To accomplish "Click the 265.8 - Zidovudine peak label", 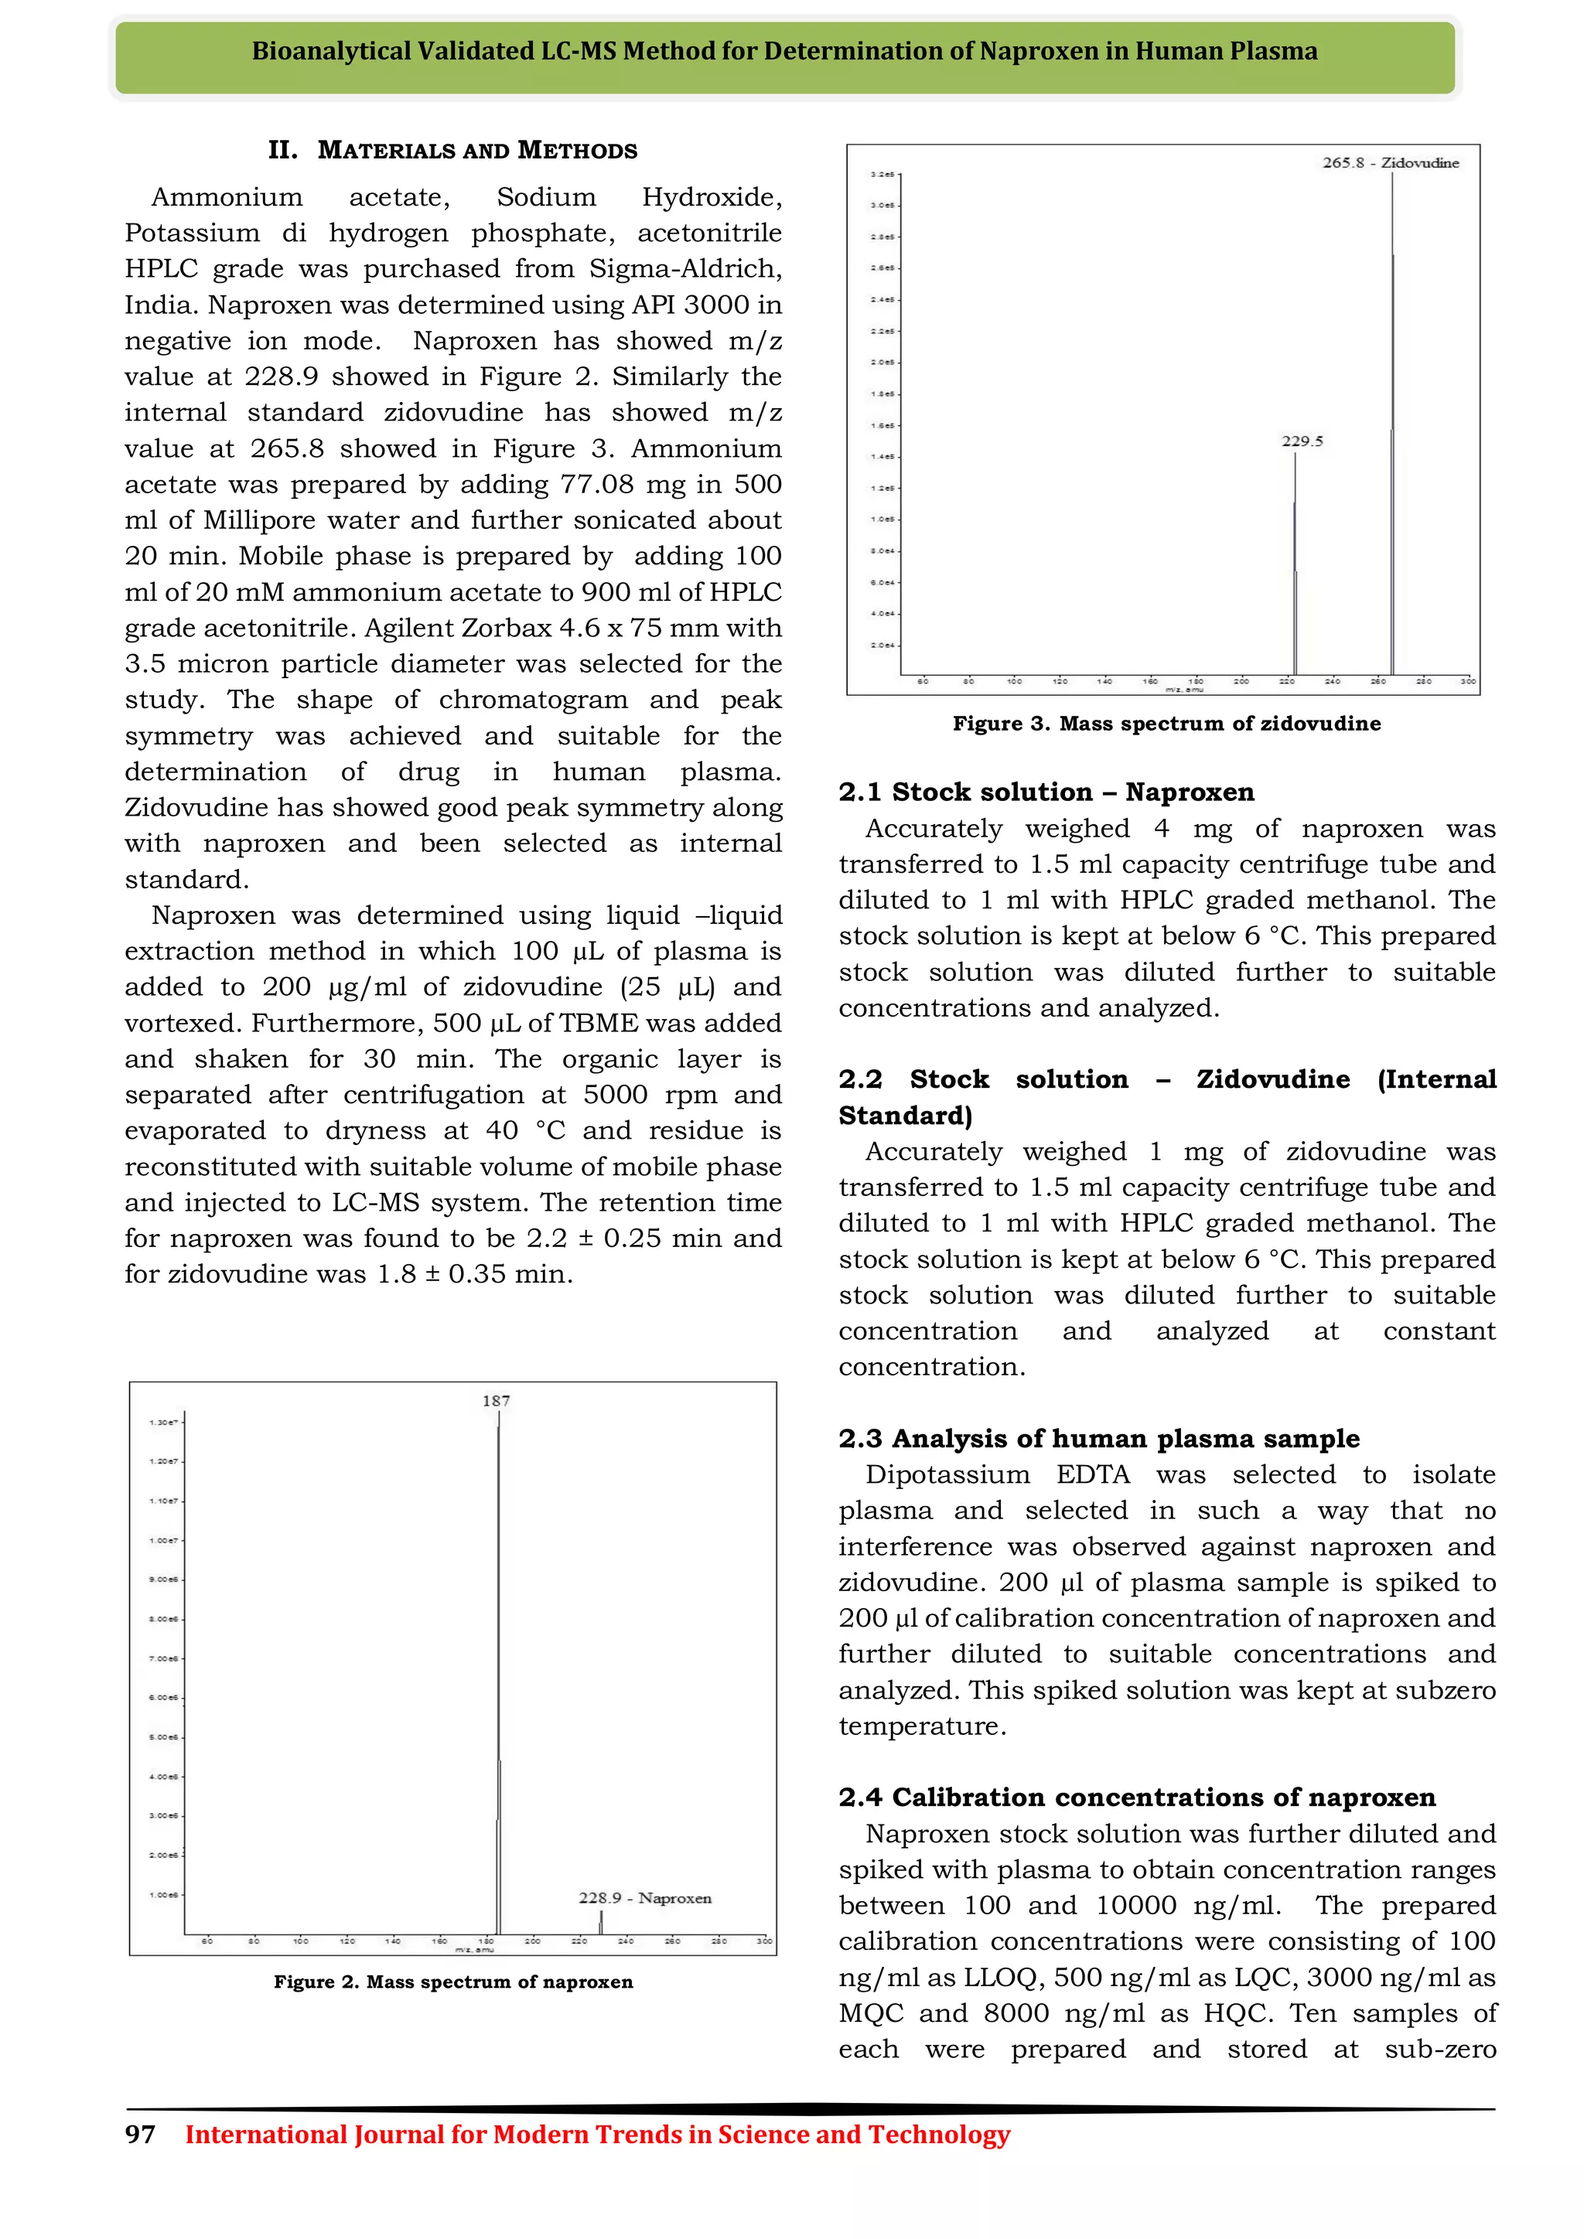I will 1390,163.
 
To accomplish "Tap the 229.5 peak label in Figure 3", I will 1302,441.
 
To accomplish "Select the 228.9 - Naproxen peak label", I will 645,1898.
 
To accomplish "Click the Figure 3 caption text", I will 1166,724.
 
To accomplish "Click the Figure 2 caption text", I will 453,1982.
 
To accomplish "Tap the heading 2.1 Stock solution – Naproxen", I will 1046,792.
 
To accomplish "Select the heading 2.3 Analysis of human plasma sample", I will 1099,1438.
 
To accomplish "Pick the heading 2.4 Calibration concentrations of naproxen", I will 1137,1798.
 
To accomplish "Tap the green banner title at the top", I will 784,52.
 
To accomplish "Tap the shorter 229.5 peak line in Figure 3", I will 1296,566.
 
